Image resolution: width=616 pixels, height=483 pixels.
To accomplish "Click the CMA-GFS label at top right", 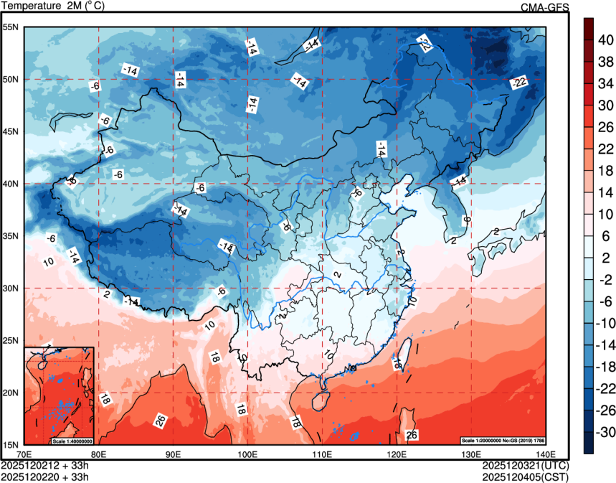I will click(x=544, y=7).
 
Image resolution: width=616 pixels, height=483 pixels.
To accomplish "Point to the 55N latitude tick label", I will click(x=11, y=27).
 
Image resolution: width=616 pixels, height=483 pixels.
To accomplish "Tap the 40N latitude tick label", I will click(x=11, y=184).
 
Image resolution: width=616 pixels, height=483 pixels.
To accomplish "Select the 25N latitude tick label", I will click(x=11, y=340).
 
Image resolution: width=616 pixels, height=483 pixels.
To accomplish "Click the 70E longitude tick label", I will click(x=23, y=454).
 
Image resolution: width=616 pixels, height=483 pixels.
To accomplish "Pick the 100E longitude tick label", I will click(x=247, y=454).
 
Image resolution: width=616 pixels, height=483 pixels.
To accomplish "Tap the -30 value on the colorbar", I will click(x=605, y=431).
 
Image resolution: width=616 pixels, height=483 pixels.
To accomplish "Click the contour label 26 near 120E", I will click(x=412, y=434).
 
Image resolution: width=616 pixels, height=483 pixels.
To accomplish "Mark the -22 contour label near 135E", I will click(x=519, y=84).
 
